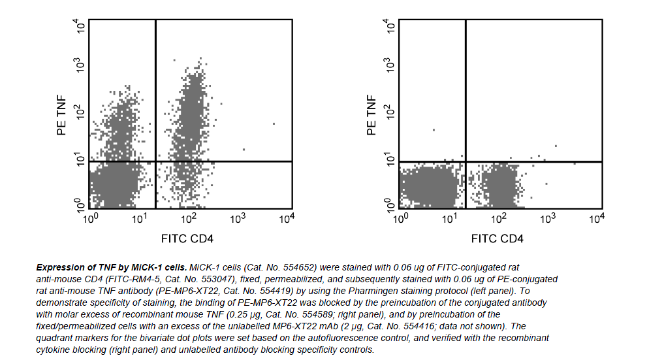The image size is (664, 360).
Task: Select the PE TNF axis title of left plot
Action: pos(63,114)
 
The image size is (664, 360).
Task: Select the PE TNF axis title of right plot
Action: pos(372,114)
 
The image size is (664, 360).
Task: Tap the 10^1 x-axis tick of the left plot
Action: pos(139,219)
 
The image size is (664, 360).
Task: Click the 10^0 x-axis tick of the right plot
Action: pos(400,219)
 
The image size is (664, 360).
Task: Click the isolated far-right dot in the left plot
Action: pos(274,123)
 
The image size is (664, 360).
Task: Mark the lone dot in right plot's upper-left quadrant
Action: pos(434,129)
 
